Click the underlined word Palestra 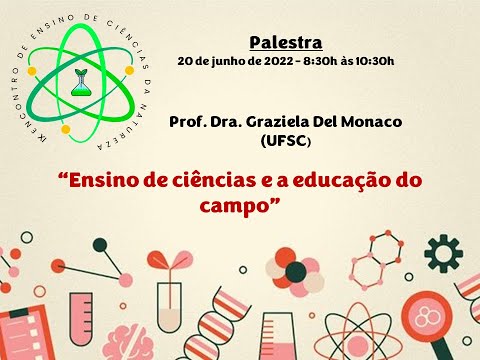point(285,42)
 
